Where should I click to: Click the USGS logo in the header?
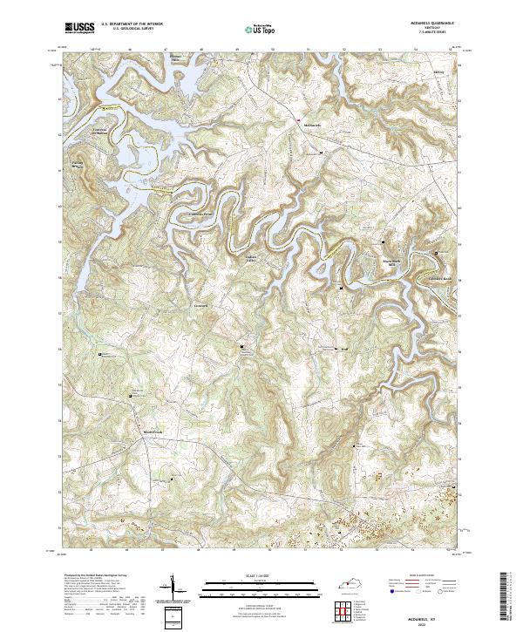click(x=80, y=28)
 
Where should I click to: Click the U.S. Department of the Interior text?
click(x=132, y=24)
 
